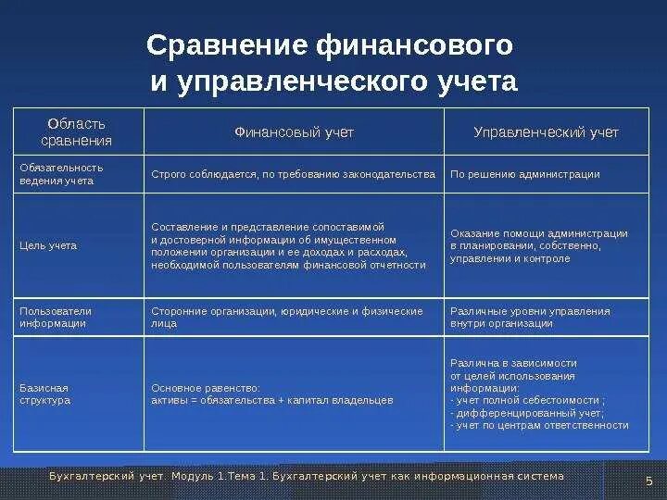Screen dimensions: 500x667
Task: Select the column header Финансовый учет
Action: [294, 132]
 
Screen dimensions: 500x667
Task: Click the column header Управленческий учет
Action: [546, 132]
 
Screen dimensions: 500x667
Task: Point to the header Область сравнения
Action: [77, 132]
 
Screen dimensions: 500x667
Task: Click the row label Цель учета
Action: [48, 245]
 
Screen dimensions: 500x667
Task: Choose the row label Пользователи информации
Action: [56, 318]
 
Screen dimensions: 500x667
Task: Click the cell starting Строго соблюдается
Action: [293, 174]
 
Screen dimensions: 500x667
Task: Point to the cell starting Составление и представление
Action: [288, 245]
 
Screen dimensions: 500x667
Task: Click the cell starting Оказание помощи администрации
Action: [538, 245]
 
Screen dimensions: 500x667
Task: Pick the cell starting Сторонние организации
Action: [287, 318]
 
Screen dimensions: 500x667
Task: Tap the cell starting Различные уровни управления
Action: [530, 318]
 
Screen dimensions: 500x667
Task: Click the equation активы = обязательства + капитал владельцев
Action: [272, 400]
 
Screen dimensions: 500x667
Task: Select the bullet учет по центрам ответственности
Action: [539, 426]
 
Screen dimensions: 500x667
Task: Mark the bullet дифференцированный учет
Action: [528, 413]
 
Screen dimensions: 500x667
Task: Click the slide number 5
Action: [648, 480]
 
